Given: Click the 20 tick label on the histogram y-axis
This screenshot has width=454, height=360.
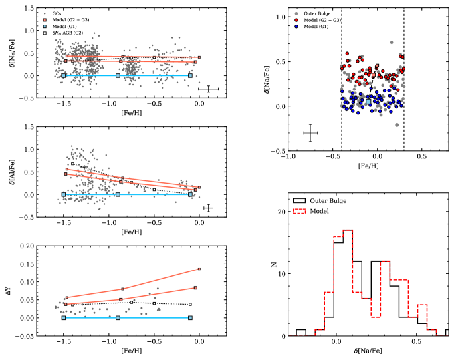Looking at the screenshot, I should click(x=282, y=212).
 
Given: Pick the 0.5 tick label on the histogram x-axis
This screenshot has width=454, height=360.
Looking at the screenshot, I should click(x=417, y=344).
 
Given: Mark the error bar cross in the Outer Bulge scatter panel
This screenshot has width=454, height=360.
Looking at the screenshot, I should click(x=310, y=134).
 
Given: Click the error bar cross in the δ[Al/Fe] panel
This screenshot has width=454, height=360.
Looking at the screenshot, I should click(x=208, y=208).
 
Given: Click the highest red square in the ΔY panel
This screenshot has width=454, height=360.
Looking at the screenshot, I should click(x=199, y=270).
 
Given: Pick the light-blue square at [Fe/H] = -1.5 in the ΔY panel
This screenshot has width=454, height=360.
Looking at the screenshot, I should click(x=64, y=318).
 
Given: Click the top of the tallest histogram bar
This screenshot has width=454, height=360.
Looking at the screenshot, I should click(x=348, y=230).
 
